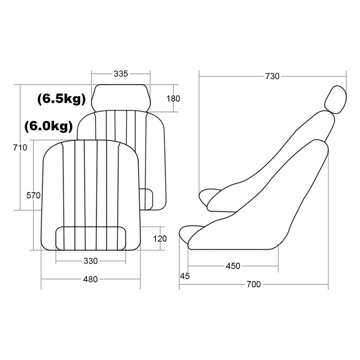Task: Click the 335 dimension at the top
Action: (121, 74)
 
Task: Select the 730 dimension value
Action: (272, 76)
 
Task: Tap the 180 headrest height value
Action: (173, 99)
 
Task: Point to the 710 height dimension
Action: (20, 147)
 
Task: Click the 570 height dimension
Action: (33, 195)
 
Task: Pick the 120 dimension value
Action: (160, 239)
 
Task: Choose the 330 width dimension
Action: (90, 261)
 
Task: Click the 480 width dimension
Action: (90, 279)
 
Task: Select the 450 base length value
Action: (233, 266)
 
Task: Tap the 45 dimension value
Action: (185, 276)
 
